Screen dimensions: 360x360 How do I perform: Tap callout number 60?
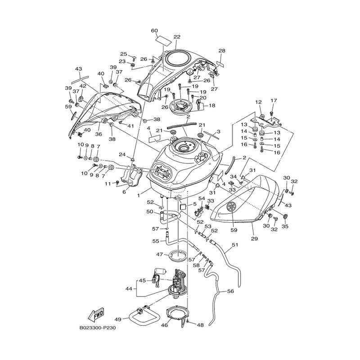pyautogui.click(x=154, y=31)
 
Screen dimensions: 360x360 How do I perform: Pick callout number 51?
pyautogui.click(x=234, y=245)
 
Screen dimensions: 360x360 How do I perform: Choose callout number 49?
pyautogui.click(x=118, y=319)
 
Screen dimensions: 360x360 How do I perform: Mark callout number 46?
pyautogui.click(x=165, y=324)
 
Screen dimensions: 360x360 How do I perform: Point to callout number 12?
pyautogui.click(x=258, y=102)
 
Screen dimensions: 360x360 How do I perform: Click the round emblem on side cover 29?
pyautogui.click(x=231, y=207)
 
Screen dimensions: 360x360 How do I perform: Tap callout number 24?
pyautogui.click(x=122, y=154)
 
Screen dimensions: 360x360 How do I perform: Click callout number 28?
pyautogui.click(x=221, y=51)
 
